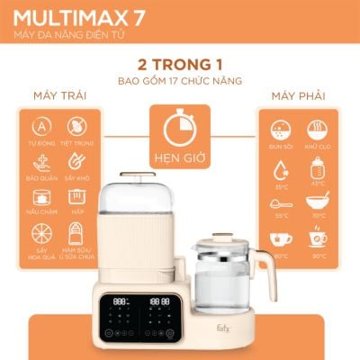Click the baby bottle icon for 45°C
click(317, 167)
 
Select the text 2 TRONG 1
click(180, 66)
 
